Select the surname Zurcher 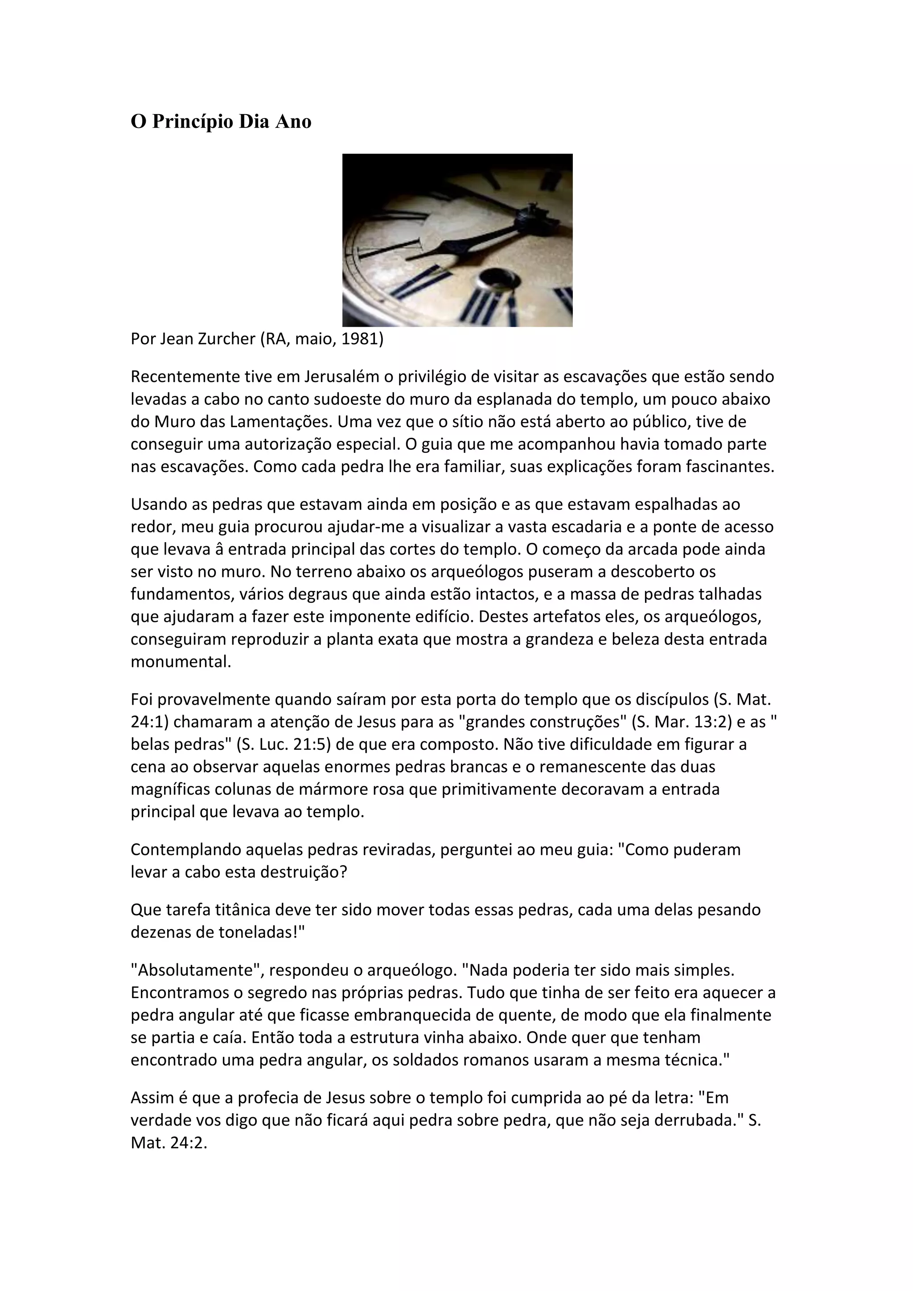[x=226, y=339]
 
